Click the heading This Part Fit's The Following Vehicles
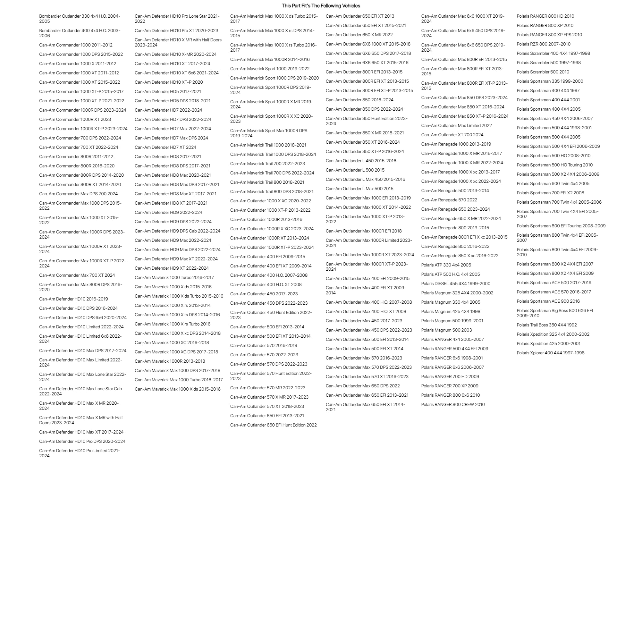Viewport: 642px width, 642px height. [321, 6]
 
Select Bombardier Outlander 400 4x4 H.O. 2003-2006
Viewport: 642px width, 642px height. [80, 33]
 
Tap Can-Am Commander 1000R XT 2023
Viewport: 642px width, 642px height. [75, 119]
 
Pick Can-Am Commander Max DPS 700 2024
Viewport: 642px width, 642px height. [79, 194]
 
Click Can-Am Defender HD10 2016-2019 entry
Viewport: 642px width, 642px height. [73, 299]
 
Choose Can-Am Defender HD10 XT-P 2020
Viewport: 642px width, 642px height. [169, 82]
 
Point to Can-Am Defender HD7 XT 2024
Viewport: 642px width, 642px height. [165, 147]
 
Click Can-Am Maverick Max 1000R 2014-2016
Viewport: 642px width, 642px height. [270, 59]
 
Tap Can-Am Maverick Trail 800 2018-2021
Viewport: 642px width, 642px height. [267, 182]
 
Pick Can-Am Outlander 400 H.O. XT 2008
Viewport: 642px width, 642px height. [266, 284]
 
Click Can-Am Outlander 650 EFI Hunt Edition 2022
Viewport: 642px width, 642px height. [274, 425]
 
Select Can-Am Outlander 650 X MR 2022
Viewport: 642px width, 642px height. [359, 35]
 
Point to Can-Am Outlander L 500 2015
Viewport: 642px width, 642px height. [355, 170]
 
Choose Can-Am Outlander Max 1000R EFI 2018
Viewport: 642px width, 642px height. [364, 231]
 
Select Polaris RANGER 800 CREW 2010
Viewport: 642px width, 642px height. [453, 404]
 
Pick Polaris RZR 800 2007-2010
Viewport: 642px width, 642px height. [544, 44]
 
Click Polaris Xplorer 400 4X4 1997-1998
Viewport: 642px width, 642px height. [551, 353]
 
